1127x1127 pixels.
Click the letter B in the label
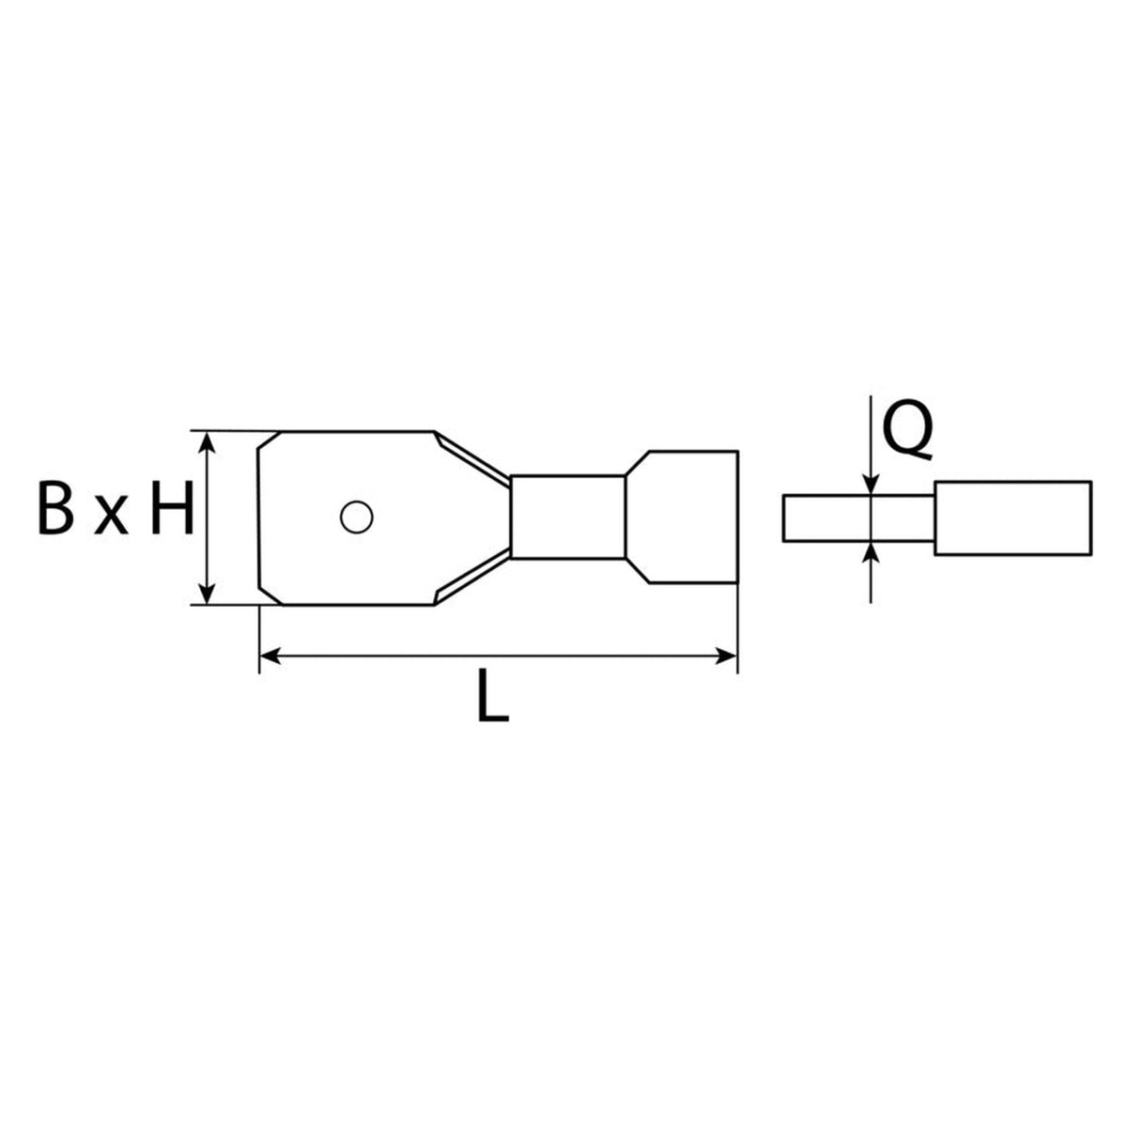click(55, 507)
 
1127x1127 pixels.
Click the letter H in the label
click(172, 507)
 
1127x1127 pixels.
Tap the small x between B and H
click(111, 516)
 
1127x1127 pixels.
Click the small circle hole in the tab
click(357, 517)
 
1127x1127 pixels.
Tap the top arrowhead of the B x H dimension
click(207, 444)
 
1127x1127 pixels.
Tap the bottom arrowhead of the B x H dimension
click(207, 593)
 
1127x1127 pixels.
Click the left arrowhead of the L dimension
click(271, 656)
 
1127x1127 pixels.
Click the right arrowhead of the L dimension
click(725, 656)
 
